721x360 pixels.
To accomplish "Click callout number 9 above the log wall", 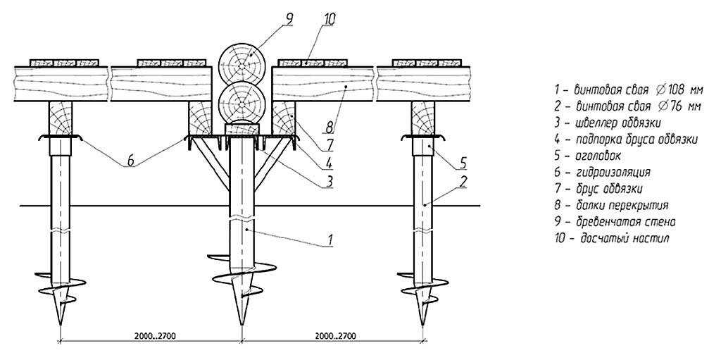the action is pos(289,19).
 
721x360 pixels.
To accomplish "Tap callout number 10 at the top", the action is pos(329,19).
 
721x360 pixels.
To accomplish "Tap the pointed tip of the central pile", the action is pos(242,325).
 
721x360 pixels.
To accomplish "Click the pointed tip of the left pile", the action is pos(61,325).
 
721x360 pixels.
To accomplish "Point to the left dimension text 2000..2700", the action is pos(152,335).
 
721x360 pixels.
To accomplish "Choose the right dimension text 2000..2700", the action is pos(333,335).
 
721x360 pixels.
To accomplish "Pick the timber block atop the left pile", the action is pos(61,119).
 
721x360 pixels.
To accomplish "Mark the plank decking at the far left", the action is pos(64,62).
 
